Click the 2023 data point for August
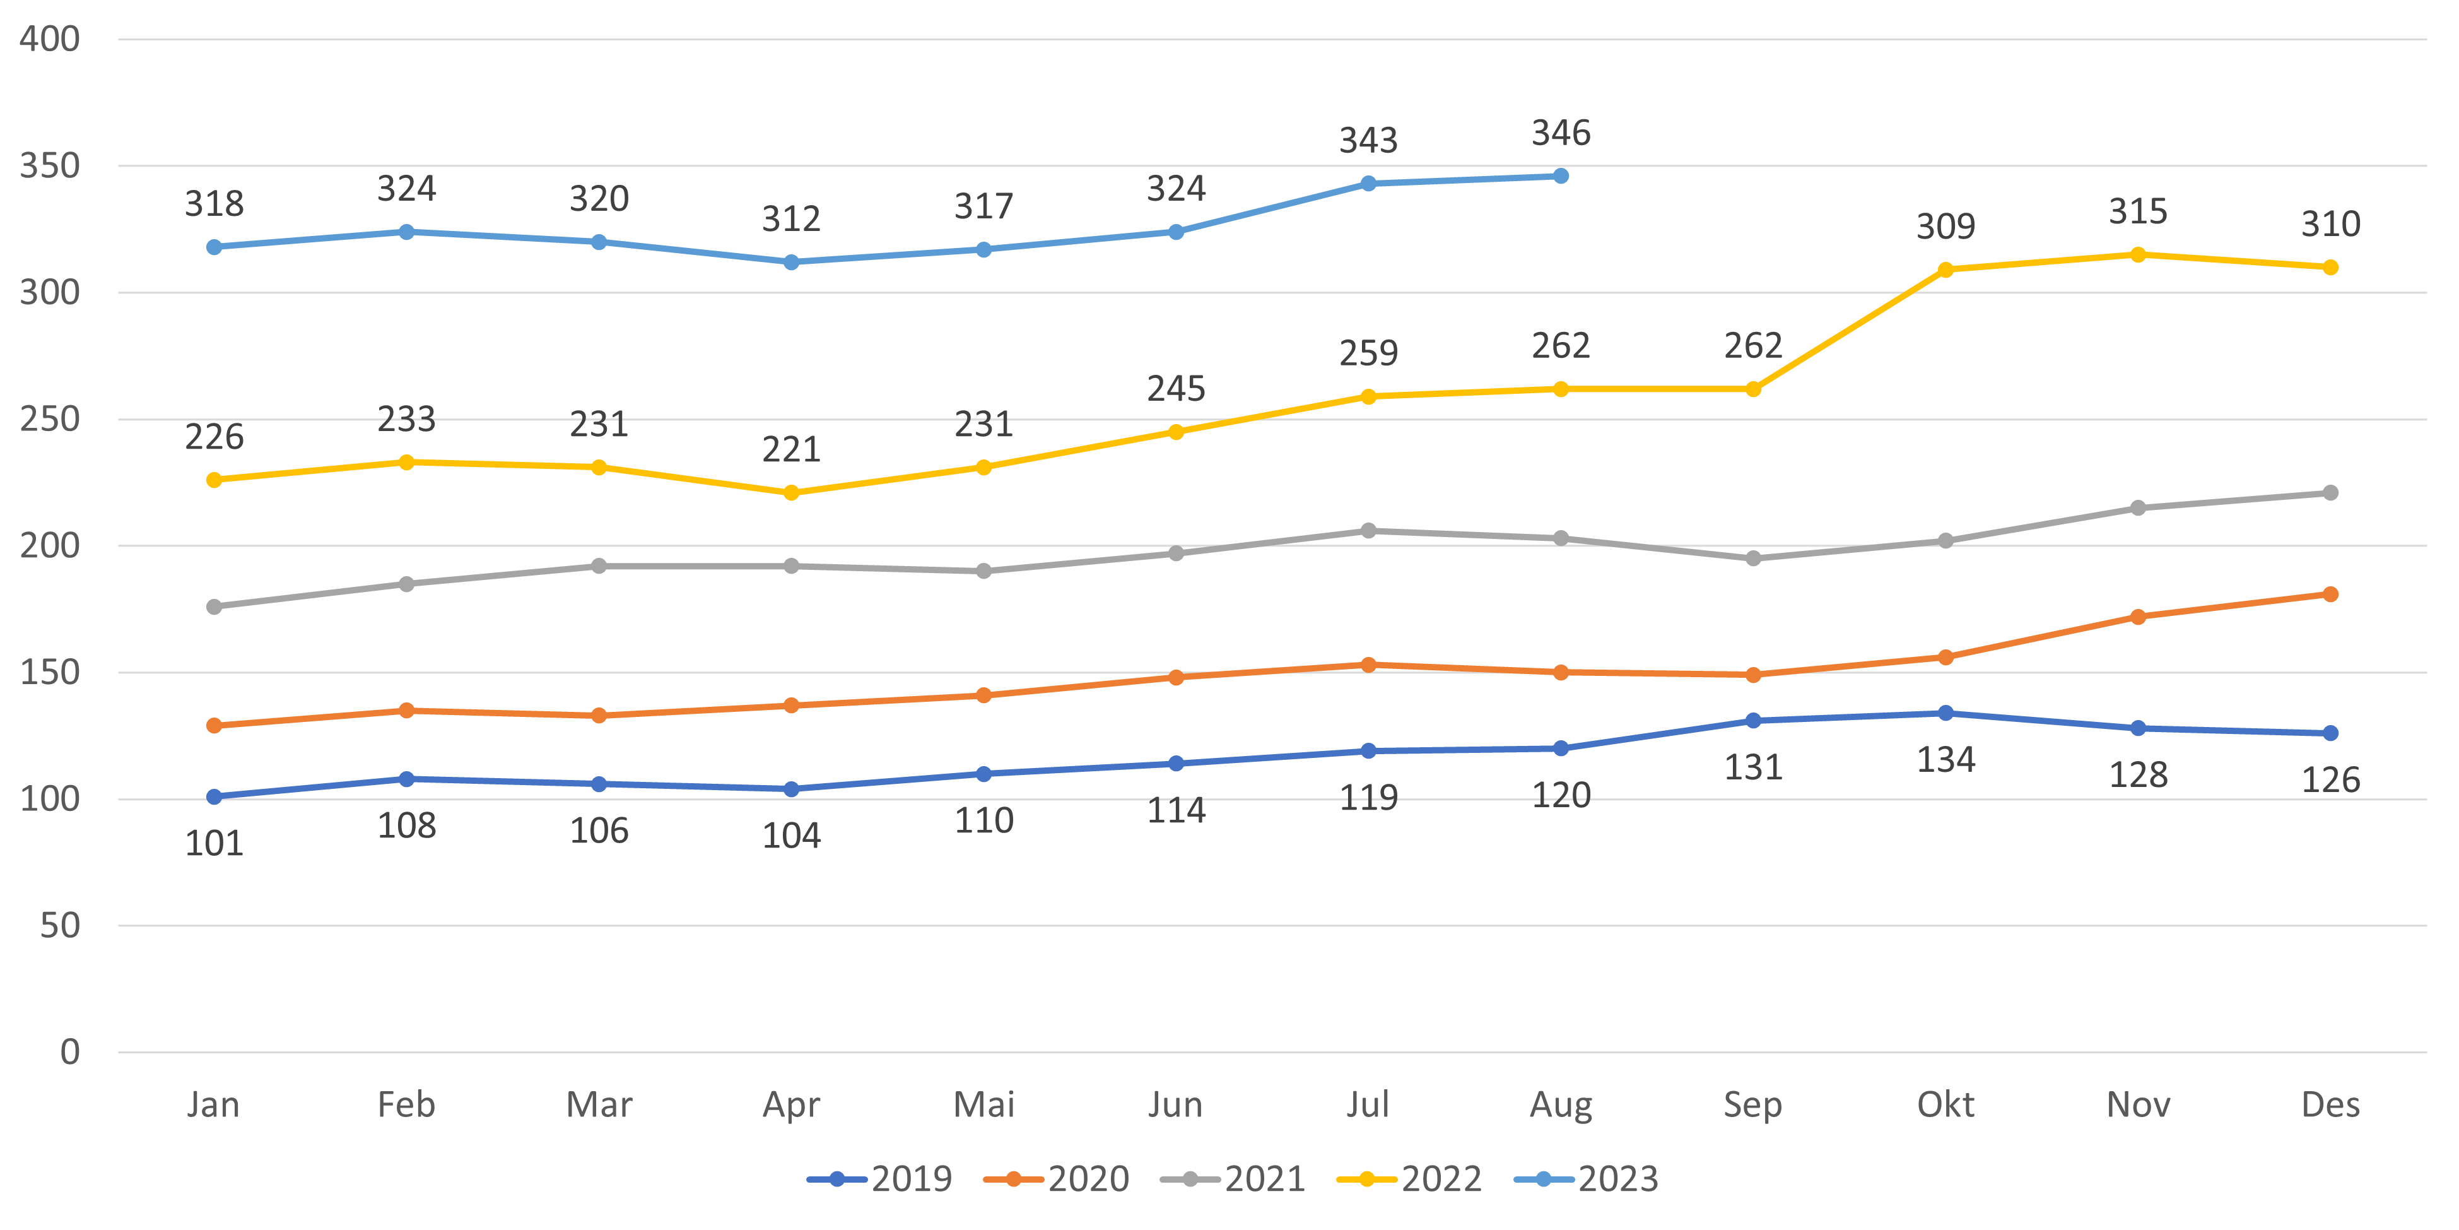click(1561, 175)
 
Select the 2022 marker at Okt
click(1945, 270)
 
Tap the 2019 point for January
click(214, 796)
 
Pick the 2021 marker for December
click(2330, 493)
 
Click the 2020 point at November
click(2139, 617)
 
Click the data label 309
click(1945, 227)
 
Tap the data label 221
click(791, 450)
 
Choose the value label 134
click(1945, 761)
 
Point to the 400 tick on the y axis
click(50, 39)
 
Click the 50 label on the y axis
click(59, 925)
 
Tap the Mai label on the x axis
click(983, 1105)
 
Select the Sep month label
click(1752, 1105)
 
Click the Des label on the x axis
click(2330, 1105)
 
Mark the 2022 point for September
click(1752, 389)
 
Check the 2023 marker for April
click(791, 262)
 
